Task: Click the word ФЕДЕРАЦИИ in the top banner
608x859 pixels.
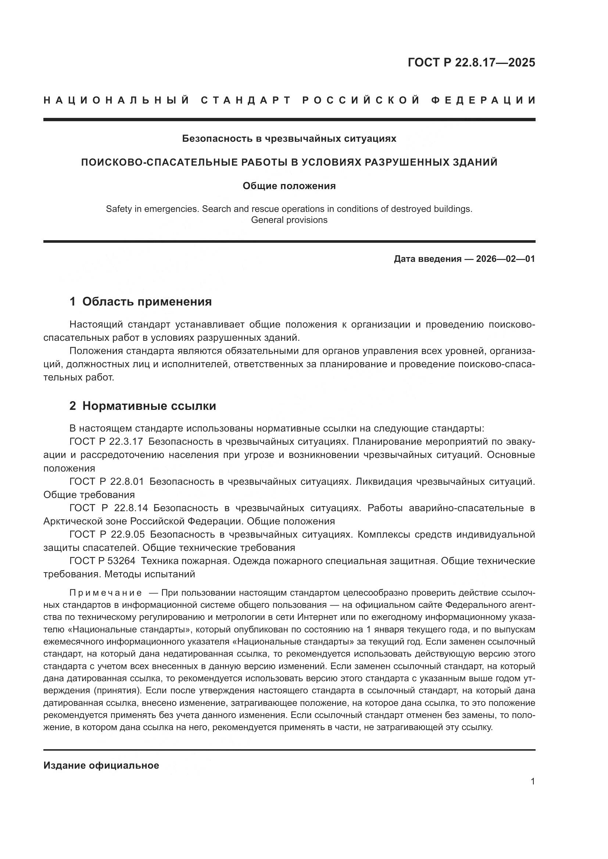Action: point(483,100)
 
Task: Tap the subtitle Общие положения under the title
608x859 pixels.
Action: point(289,185)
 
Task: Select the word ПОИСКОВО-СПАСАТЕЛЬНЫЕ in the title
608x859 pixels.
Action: point(155,162)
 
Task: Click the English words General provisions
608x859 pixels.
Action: point(289,220)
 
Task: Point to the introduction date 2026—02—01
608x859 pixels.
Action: point(505,259)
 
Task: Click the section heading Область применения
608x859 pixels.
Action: point(147,302)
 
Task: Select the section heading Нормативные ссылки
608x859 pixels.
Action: point(149,406)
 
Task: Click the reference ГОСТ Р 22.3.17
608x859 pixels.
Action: point(106,441)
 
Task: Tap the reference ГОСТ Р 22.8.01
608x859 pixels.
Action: point(107,481)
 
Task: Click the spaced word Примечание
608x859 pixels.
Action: point(105,593)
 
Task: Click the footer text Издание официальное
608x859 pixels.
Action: point(101,765)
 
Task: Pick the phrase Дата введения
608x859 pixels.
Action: point(428,259)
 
